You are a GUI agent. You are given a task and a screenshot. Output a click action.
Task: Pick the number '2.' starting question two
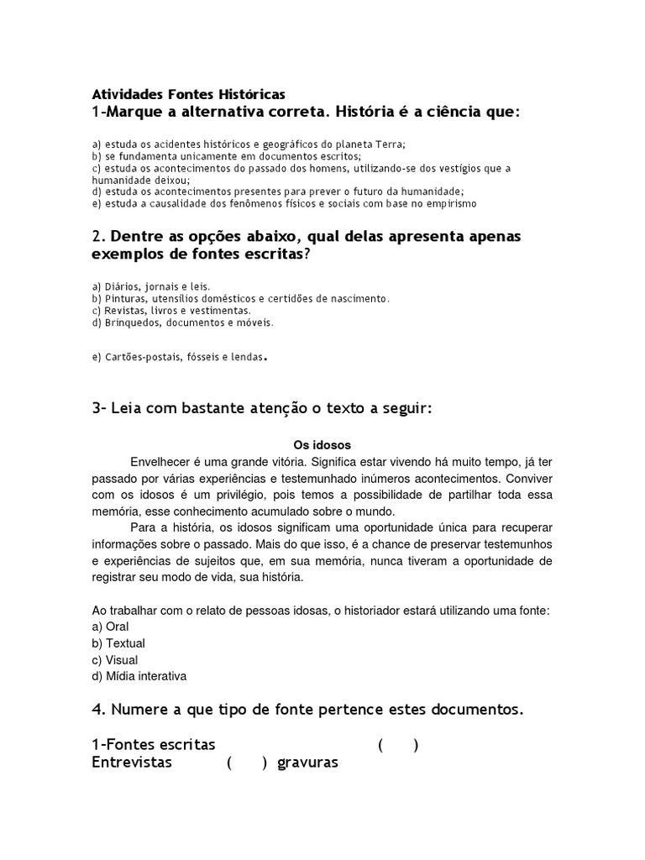[x=98, y=237]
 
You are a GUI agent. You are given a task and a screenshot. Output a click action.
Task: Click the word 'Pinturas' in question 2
[x=125, y=298]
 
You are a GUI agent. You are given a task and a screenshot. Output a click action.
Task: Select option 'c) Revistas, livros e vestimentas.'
[x=161, y=310]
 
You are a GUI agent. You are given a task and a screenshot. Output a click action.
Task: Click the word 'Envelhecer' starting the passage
[x=160, y=462]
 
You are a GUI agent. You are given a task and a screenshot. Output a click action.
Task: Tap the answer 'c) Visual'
[x=115, y=660]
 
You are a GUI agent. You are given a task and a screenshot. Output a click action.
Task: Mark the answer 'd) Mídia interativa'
[x=139, y=676]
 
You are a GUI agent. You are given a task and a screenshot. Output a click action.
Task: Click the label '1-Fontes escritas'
[x=153, y=745]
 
